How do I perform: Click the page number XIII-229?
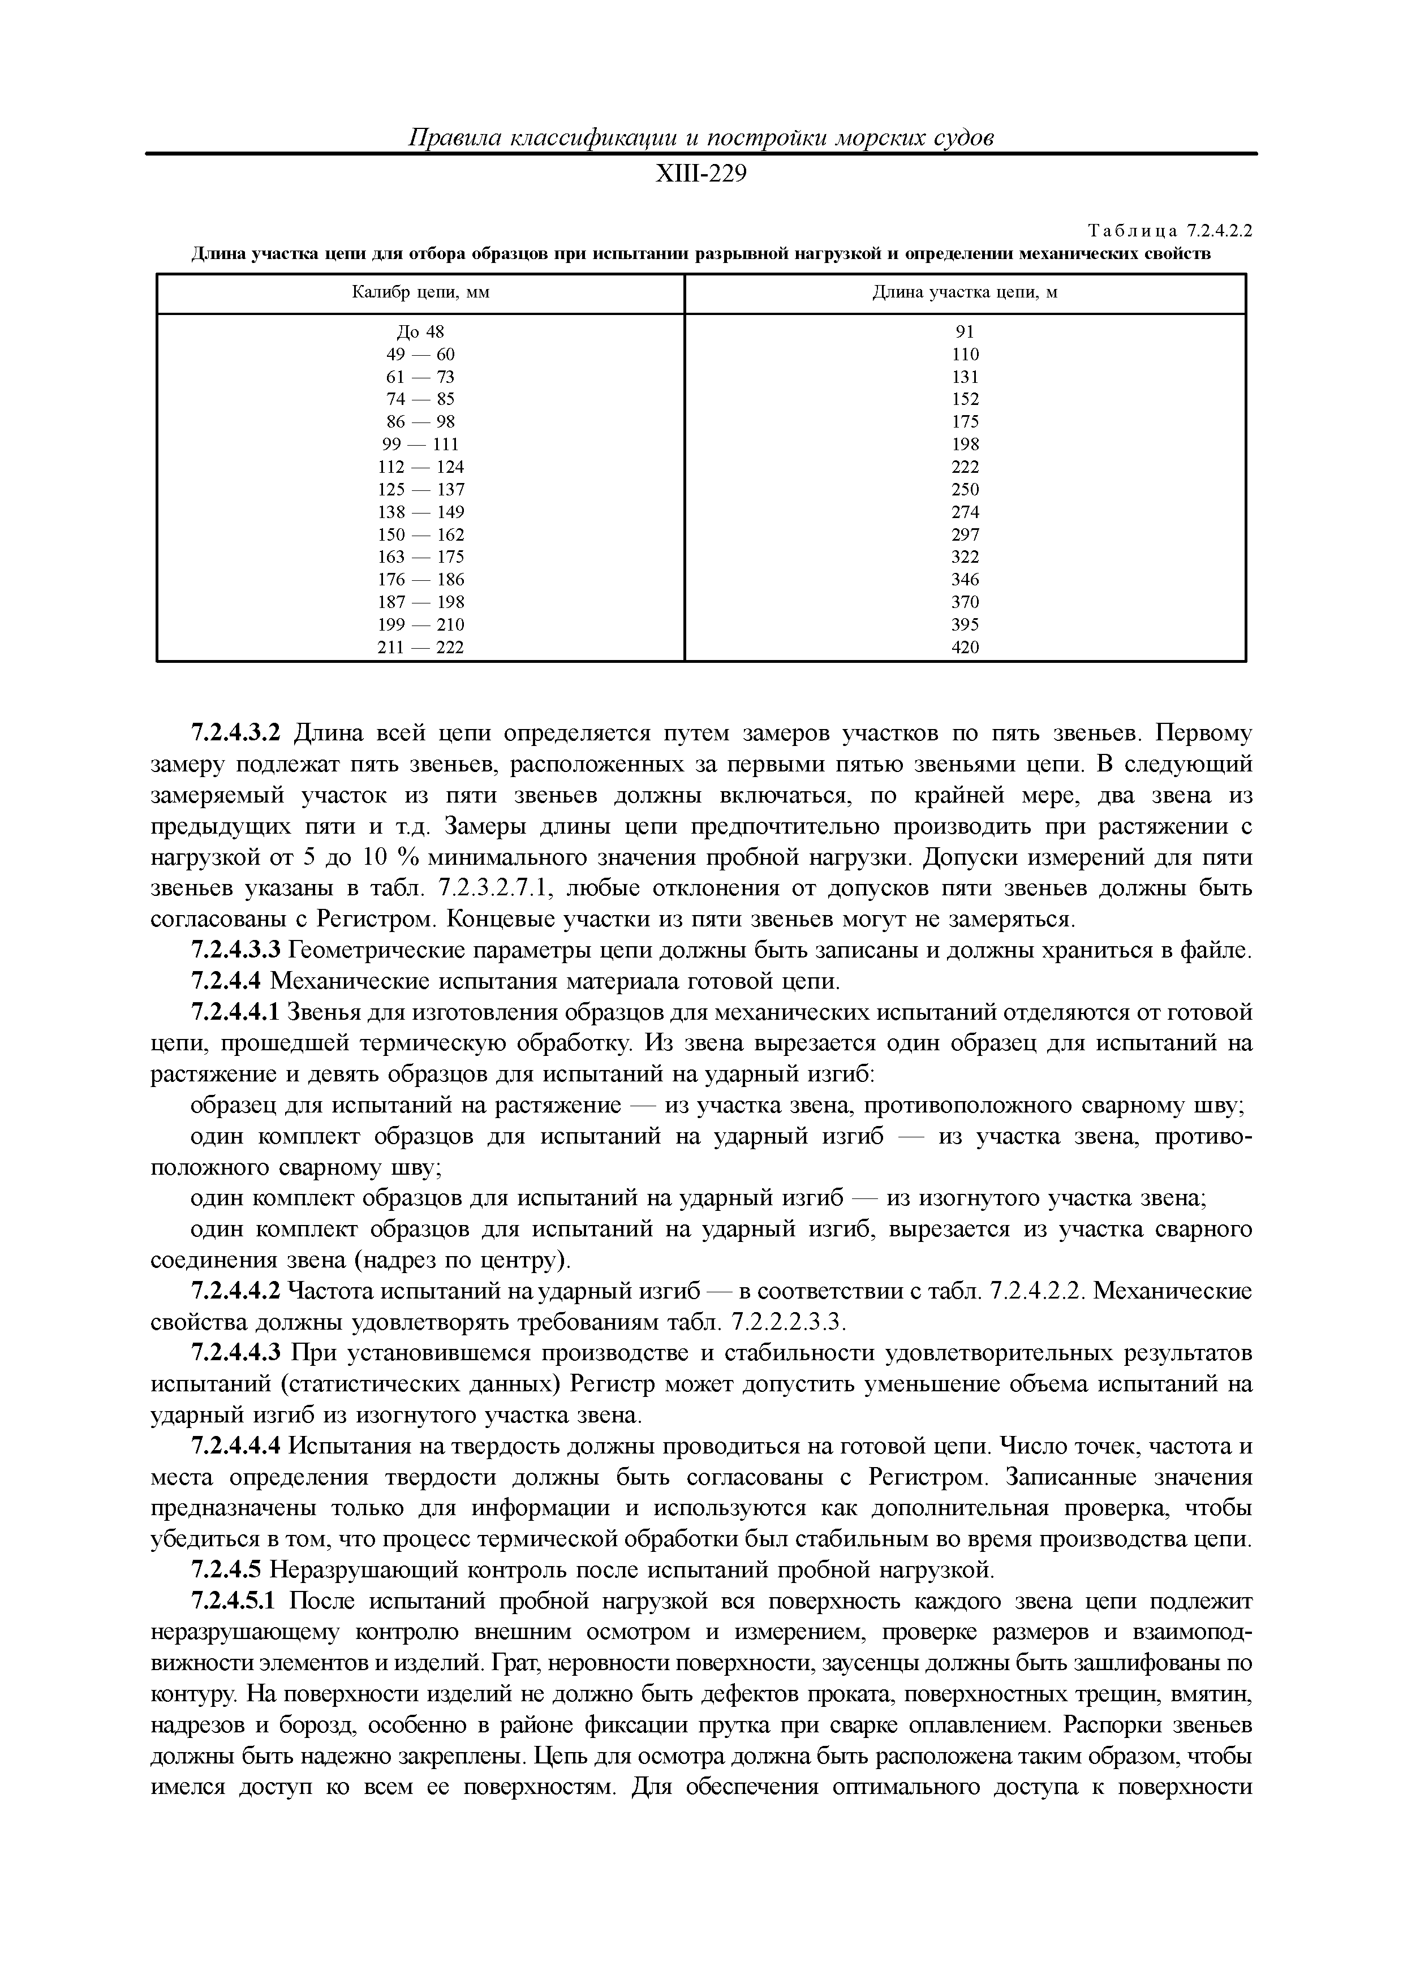[x=700, y=175]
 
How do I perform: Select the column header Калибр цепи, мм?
[x=420, y=293]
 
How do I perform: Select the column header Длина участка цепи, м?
[x=965, y=293]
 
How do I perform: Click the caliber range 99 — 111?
[x=420, y=444]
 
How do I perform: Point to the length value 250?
[x=965, y=489]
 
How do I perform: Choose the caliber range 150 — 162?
[x=420, y=535]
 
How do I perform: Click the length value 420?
[x=965, y=647]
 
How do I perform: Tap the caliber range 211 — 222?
[x=420, y=647]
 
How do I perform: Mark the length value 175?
[x=965, y=422]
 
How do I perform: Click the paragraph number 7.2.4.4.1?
[x=235, y=1013]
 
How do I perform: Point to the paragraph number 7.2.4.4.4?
[x=235, y=1447]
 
